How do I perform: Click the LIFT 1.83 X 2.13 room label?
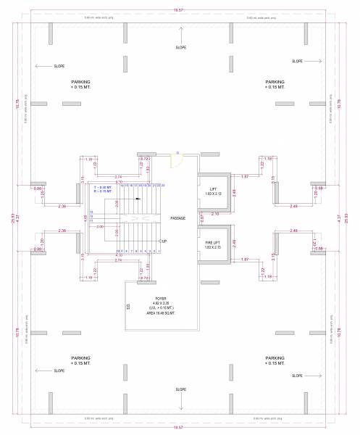coord(214,191)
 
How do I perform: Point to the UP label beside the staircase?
coord(164,241)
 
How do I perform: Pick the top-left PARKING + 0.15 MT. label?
coord(80,85)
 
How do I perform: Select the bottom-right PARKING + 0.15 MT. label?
coord(275,360)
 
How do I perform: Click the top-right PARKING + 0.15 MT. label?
coord(275,85)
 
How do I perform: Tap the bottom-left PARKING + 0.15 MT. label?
coord(80,360)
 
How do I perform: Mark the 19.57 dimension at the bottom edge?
coord(178,427)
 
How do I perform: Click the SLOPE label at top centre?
coord(181,47)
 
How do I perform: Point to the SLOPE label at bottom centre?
coord(181,388)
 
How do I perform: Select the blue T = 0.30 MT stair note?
coord(103,188)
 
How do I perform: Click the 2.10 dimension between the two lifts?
coord(214,215)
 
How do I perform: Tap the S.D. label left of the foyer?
coord(128,306)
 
